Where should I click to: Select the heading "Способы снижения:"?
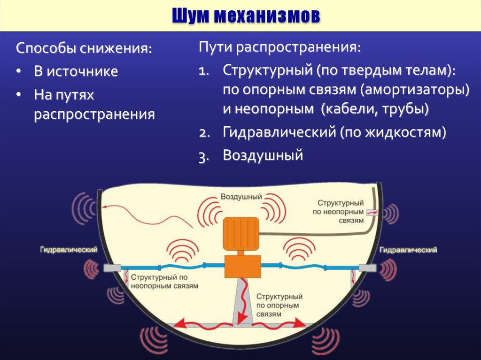[x=84, y=48]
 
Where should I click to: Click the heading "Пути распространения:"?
[x=279, y=47]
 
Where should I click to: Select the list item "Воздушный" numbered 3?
[x=263, y=155]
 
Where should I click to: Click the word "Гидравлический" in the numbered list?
[x=279, y=132]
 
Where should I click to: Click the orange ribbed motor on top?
[x=240, y=233]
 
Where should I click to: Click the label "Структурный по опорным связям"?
[x=279, y=305]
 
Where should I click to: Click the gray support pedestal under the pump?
[x=241, y=300]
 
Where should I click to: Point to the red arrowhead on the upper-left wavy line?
[x=105, y=206]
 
